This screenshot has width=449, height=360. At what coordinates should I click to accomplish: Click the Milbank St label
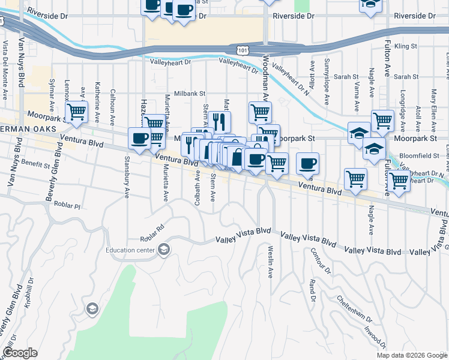click(x=190, y=94)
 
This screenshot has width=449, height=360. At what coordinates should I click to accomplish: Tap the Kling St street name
click(x=406, y=46)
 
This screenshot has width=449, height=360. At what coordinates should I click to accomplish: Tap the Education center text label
click(x=130, y=251)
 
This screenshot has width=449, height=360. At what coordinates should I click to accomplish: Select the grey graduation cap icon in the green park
click(x=92, y=309)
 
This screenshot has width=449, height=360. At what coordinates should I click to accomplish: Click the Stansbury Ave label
click(x=127, y=186)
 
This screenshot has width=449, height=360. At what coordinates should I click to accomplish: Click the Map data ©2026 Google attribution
click(x=412, y=355)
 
